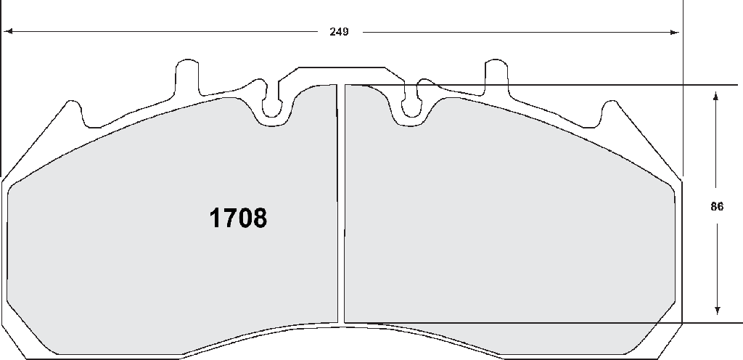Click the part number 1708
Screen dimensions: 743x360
coord(238,218)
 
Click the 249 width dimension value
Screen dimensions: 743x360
coord(340,32)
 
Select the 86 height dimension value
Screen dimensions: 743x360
coord(717,207)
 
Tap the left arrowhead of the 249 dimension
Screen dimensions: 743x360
coord(7,32)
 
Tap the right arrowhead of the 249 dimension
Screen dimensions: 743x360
coord(675,32)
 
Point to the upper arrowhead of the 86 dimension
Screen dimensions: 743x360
coord(716,96)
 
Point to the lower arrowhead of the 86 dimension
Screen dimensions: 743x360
coord(718,310)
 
